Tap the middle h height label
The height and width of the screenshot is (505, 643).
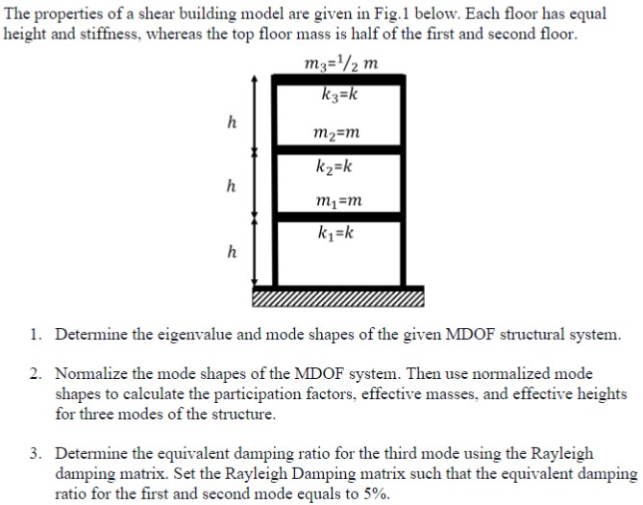click(x=231, y=186)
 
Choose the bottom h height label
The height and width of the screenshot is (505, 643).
click(x=231, y=253)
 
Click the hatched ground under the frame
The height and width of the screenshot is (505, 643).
click(x=336, y=297)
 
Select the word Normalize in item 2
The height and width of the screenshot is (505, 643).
click(x=93, y=373)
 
